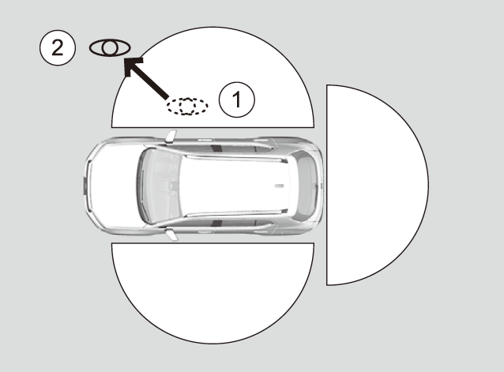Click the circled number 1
236,100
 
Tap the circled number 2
58,48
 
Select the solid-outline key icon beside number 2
110,48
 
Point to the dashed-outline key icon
187,106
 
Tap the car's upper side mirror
171,136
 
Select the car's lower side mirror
171,234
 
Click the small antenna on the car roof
279,186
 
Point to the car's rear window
306,186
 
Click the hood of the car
112,186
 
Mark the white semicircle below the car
213,293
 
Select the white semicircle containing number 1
213,77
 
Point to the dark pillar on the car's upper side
216,148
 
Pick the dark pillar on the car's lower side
217,224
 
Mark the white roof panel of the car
235,186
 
